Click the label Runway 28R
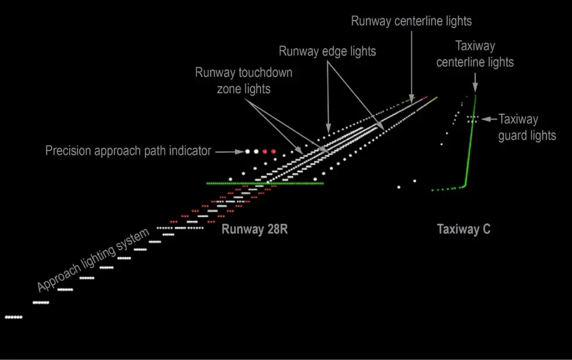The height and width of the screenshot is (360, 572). pos(255,229)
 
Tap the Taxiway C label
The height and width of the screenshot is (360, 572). pos(463,229)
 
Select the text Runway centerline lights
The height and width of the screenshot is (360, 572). pos(411,21)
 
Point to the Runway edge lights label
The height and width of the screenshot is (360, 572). pos(327,52)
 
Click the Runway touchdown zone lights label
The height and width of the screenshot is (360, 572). pos(243,80)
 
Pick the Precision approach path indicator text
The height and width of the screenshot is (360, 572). pos(128,151)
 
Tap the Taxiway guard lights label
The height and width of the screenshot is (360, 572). pos(527,127)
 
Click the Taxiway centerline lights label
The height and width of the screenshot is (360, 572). pos(475,54)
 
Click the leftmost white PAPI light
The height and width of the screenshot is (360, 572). pos(248,151)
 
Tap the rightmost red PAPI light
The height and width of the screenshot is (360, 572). pos(273,151)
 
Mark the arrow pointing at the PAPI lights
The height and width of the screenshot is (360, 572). pos(230,151)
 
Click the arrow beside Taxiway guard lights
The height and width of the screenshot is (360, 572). pos(489,119)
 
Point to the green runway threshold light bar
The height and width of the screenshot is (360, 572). pos(265,184)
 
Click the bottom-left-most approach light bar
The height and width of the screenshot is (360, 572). pos(13,317)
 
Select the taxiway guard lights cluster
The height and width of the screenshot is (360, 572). pos(472,119)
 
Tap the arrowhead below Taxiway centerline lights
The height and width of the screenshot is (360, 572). pos(475,87)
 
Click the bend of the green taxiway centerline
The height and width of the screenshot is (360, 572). pos(465,186)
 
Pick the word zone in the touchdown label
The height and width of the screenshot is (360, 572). pos(227,89)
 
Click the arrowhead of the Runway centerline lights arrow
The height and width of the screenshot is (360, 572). pos(412,100)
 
